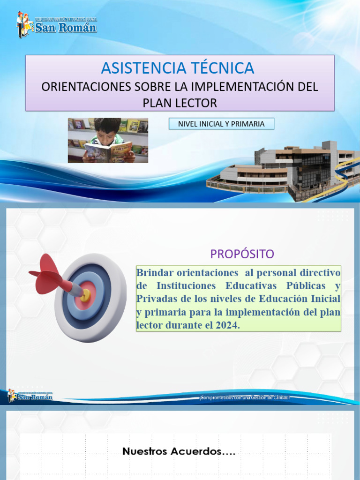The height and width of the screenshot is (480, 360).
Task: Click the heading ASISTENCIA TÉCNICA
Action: coord(178,68)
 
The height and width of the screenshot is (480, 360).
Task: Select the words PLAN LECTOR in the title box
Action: coord(180,103)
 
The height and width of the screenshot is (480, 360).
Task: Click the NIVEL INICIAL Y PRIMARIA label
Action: coord(221,124)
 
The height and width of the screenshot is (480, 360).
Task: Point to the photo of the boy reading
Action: coord(108,140)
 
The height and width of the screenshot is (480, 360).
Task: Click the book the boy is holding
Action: coord(108,152)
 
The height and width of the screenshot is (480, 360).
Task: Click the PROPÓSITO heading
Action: coord(242,254)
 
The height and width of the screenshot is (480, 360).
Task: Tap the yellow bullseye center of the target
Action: coord(85,294)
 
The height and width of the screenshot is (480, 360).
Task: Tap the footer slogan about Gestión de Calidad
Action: coord(245,397)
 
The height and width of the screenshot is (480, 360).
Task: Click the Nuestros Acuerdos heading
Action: coord(179,452)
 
